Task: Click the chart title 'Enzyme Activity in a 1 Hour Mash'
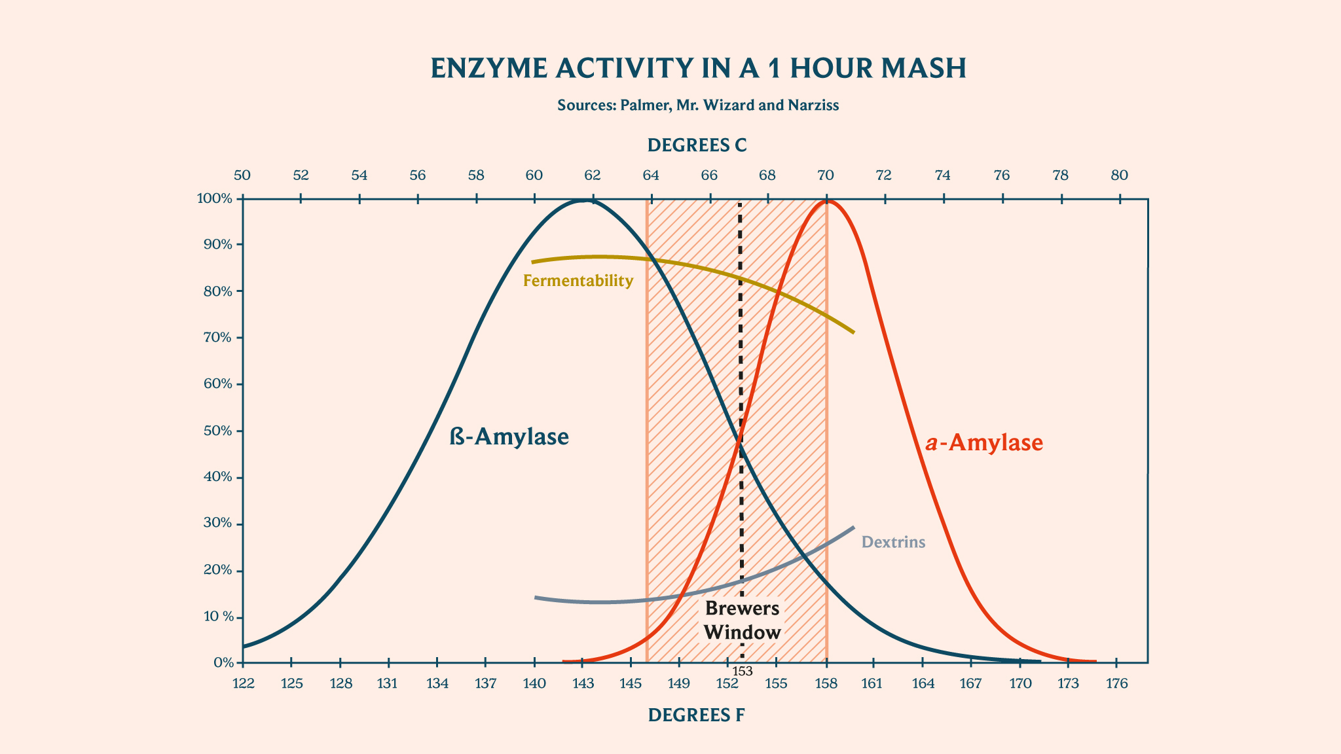pyautogui.click(x=698, y=69)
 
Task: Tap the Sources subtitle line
pyautogui.click(x=698, y=105)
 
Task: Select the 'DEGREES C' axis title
pyautogui.click(x=697, y=145)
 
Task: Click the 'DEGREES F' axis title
pyautogui.click(x=696, y=715)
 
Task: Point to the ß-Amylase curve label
pyautogui.click(x=509, y=437)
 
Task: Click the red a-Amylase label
pyautogui.click(x=983, y=443)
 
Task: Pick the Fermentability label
pyautogui.click(x=578, y=281)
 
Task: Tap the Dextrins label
pyautogui.click(x=893, y=542)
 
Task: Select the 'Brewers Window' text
pyautogui.click(x=743, y=620)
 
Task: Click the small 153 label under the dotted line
pyautogui.click(x=742, y=671)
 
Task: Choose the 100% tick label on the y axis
pyautogui.click(x=215, y=198)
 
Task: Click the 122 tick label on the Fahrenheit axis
pyautogui.click(x=243, y=684)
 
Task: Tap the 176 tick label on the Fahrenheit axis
pyautogui.click(x=1116, y=684)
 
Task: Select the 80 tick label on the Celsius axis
pyautogui.click(x=1119, y=175)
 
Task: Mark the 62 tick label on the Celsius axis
pyautogui.click(x=592, y=175)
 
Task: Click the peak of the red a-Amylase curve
pyautogui.click(x=828, y=201)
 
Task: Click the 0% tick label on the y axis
pyautogui.click(x=223, y=663)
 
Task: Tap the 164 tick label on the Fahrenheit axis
pyautogui.click(x=922, y=684)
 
